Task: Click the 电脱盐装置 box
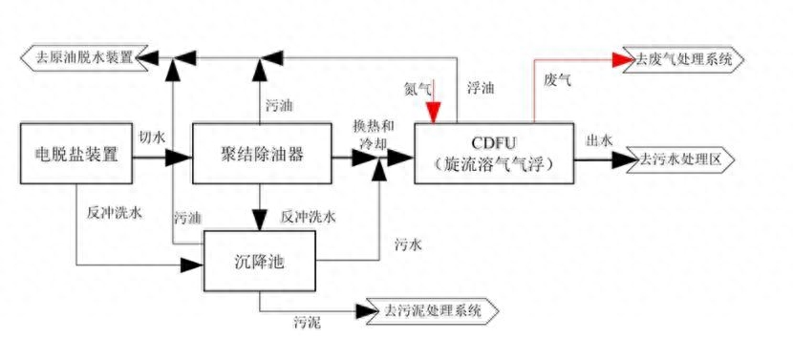point(75,152)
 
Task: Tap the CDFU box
point(495,153)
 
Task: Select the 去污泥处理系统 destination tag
point(427,311)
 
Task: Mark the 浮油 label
point(481,88)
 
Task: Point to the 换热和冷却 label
point(371,134)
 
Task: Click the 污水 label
point(408,245)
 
